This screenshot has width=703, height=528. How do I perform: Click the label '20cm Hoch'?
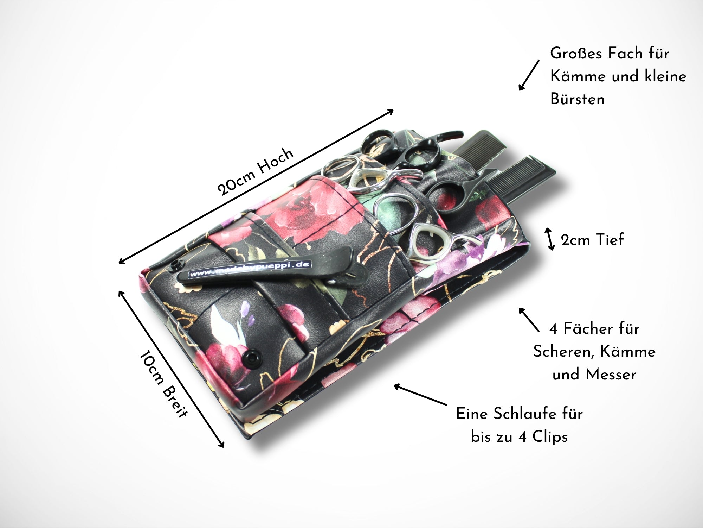255,171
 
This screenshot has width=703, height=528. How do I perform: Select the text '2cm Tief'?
592,240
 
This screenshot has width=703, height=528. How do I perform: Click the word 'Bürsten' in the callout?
578,99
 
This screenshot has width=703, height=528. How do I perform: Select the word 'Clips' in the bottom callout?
550,437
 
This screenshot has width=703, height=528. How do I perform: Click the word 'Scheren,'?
564,352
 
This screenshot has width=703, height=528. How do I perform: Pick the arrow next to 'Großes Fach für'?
529,75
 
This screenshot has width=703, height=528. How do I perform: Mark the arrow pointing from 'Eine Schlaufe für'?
420,395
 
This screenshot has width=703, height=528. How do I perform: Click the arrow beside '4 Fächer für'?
529,319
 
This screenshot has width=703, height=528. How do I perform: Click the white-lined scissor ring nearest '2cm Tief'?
426,241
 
